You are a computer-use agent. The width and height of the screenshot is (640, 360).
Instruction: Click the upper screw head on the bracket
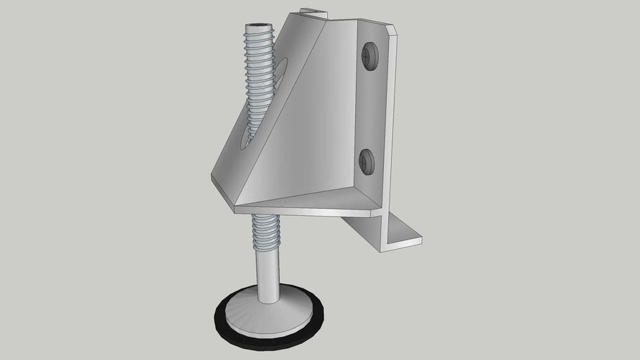pos(369,56)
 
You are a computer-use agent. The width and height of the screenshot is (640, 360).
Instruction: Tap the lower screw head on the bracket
pos(366,162)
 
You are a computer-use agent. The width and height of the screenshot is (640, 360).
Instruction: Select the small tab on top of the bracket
pos(313,12)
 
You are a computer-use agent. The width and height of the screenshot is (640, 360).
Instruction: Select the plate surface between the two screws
pos(369,109)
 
